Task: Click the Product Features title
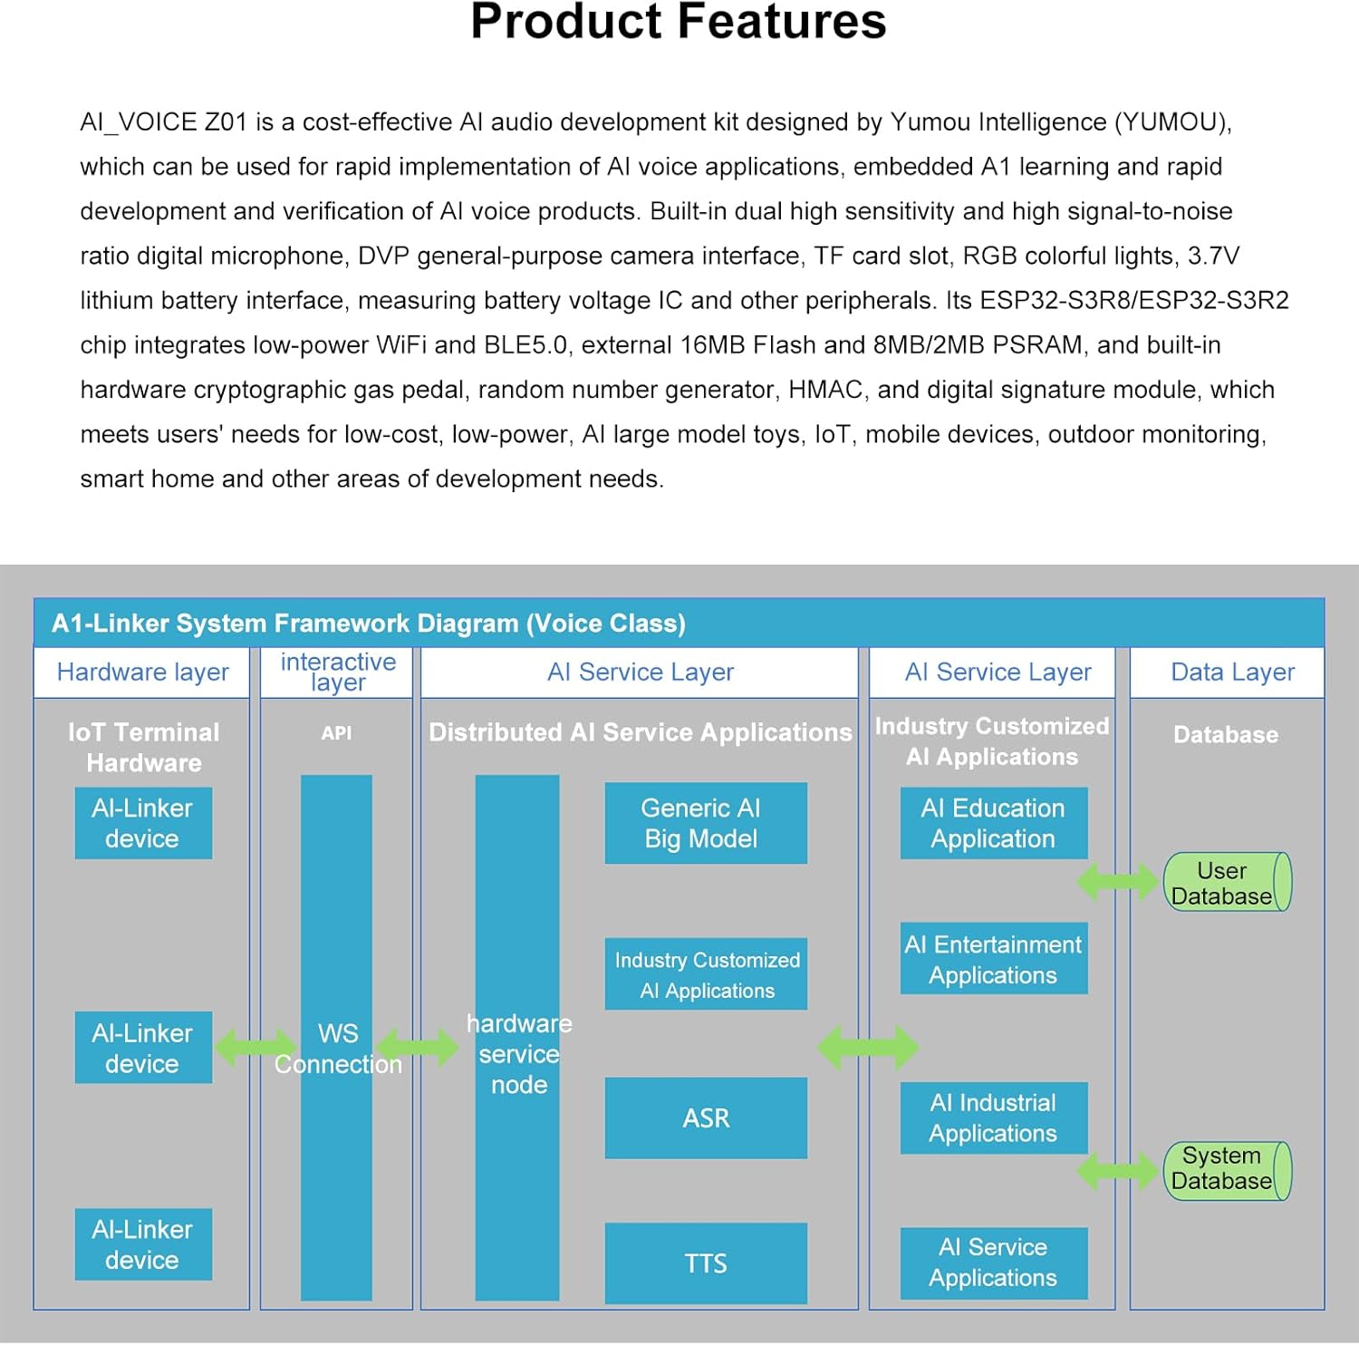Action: pos(678,22)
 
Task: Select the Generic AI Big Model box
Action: pos(705,823)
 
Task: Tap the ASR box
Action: pos(705,1118)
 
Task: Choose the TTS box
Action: pos(705,1263)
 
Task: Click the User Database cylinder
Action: pos(1226,882)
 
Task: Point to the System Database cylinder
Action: pos(1226,1170)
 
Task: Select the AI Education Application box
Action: pos(993,823)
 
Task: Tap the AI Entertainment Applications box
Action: pos(993,959)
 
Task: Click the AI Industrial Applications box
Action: pos(993,1118)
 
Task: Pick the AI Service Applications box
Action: pos(993,1263)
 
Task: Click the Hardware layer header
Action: pos(142,672)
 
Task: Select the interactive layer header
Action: pos(337,672)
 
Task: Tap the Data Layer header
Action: pos(1232,672)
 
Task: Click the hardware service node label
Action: pos(518,1053)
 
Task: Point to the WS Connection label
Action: pos(337,1049)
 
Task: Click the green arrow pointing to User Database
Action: pos(1118,882)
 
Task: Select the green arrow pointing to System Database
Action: pos(1118,1170)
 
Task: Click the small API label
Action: pos(336,733)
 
